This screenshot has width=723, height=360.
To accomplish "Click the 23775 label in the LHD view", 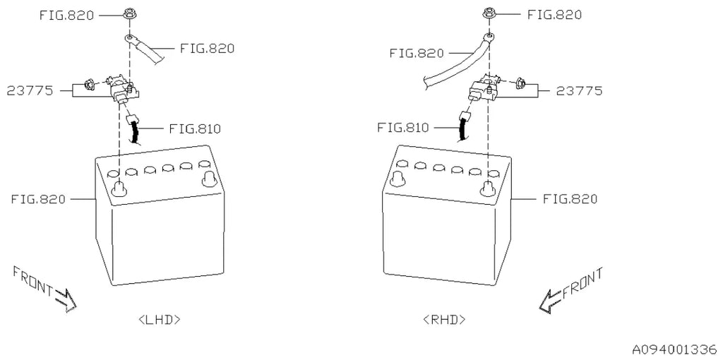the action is [30, 91].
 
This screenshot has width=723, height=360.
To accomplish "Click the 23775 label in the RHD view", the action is [579, 91].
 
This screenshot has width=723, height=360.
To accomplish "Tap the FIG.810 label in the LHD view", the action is [195, 128].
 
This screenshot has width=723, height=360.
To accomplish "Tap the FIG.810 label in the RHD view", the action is [403, 127].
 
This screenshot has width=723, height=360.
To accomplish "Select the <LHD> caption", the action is [159, 320].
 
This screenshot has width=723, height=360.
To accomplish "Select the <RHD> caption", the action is [444, 320].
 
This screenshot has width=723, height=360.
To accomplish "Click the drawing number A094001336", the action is [674, 349].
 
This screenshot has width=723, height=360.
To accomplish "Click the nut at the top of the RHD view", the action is [489, 15].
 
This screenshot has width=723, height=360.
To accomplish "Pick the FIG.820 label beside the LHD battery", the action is [38, 199].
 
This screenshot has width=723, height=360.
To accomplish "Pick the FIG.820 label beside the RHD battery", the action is [570, 199].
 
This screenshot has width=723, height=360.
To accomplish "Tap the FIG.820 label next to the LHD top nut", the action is [66, 16].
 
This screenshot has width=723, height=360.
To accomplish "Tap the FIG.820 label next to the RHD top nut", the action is [555, 15].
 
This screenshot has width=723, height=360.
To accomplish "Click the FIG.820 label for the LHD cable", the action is [207, 49].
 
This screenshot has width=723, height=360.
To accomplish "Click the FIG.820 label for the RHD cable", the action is [417, 54].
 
